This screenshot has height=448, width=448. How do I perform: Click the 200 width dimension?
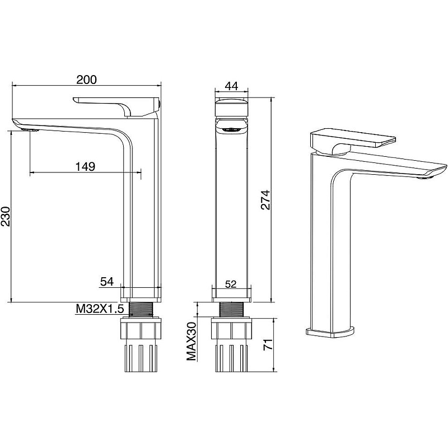87,80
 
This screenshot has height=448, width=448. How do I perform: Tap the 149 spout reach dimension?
85,166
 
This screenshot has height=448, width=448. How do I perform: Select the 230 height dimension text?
6,216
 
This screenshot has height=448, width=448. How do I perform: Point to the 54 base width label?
107,282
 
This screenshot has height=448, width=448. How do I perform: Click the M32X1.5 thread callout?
100,309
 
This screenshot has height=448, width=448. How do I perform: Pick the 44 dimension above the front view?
231,86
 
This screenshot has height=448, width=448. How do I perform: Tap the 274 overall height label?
265,200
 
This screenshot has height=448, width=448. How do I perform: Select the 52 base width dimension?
231,284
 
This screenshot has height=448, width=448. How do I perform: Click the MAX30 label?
192,341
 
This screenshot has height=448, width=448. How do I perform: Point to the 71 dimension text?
268,344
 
